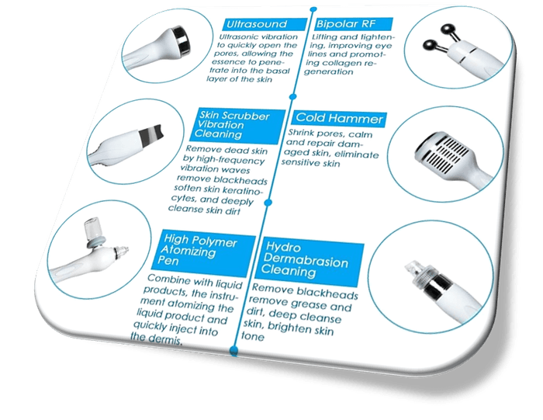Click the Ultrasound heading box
[265, 24]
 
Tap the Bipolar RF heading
[354, 24]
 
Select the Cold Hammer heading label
[339, 119]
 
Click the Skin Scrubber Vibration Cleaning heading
[239, 126]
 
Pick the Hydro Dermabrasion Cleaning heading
[310, 262]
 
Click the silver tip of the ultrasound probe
[182, 40]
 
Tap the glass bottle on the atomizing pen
[92, 227]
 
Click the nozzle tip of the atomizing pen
[122, 251]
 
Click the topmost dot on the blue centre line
[313, 9]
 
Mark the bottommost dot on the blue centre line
[234, 350]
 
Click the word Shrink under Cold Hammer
[301, 134]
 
